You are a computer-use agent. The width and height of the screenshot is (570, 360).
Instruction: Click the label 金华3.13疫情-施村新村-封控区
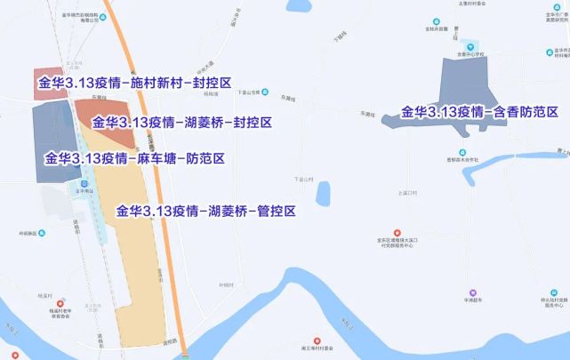133,84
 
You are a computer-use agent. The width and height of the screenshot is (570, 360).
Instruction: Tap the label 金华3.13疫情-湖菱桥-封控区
181,122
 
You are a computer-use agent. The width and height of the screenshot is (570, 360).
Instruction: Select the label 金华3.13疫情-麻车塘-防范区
133,159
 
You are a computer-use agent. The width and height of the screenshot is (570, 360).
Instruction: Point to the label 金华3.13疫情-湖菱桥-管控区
205,212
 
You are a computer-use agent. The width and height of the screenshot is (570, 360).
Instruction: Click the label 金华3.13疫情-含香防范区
479,113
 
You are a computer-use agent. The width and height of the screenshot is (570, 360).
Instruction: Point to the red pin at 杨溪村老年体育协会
60,303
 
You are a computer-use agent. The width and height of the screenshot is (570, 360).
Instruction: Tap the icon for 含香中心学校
471,46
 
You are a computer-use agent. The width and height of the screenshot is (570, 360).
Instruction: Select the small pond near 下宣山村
323,193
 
